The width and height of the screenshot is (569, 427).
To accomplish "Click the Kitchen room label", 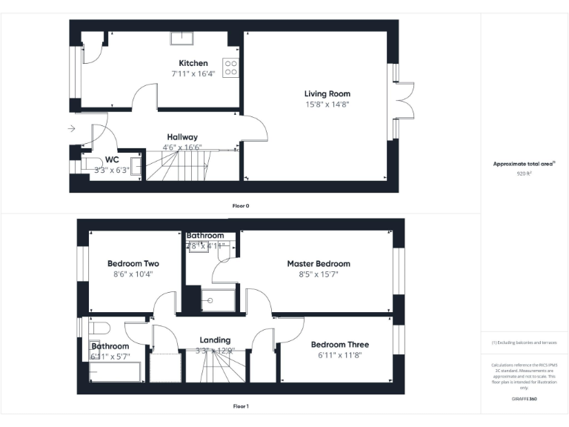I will pos(193,63).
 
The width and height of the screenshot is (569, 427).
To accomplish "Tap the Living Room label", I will pos(327,93).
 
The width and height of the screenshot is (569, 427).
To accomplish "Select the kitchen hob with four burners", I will pos(230,67).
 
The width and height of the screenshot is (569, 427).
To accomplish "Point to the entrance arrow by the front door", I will pos(70,129).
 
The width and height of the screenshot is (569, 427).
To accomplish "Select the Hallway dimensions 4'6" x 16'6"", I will pos(182,148).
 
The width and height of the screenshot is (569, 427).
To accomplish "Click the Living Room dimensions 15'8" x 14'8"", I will pos(327,105).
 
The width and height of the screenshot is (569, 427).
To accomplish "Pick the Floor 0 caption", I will pos(240,205).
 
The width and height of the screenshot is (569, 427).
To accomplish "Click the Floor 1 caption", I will pos(240,406).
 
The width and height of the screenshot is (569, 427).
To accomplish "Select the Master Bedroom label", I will pos(319,263).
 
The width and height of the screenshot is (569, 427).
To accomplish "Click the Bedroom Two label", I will pos(133,263).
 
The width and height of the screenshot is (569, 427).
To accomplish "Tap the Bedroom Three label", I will pos(339,345).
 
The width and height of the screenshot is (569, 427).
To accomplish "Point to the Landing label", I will pos(215,340).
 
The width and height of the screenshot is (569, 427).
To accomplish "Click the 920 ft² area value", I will pos(525,173).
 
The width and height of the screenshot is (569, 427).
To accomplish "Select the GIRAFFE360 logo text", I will pos(525,399).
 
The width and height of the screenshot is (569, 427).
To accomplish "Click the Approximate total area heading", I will pos(524,163).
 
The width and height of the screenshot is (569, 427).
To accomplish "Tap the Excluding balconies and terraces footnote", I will pos(525,342).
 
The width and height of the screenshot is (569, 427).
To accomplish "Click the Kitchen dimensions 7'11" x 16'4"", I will pos(193,73).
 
